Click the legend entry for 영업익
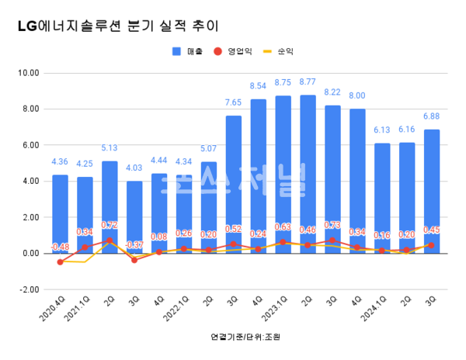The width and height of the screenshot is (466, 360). (x=238, y=51)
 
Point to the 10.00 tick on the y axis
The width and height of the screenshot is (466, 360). (x=28, y=73)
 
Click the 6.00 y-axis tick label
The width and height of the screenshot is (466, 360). (x=30, y=145)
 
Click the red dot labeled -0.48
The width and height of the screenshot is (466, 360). (x=60, y=262)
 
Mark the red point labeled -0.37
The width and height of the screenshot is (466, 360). (x=134, y=260)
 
